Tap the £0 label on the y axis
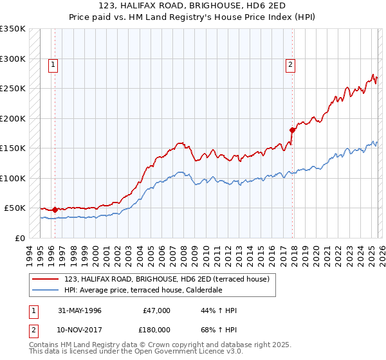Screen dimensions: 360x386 [x=19, y=238]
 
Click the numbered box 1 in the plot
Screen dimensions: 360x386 [x=52, y=64]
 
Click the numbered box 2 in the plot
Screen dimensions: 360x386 [x=291, y=64]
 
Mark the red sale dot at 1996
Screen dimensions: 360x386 [x=55, y=210]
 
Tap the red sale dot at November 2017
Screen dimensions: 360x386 [x=292, y=130]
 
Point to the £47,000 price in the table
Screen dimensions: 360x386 [x=154, y=310]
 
